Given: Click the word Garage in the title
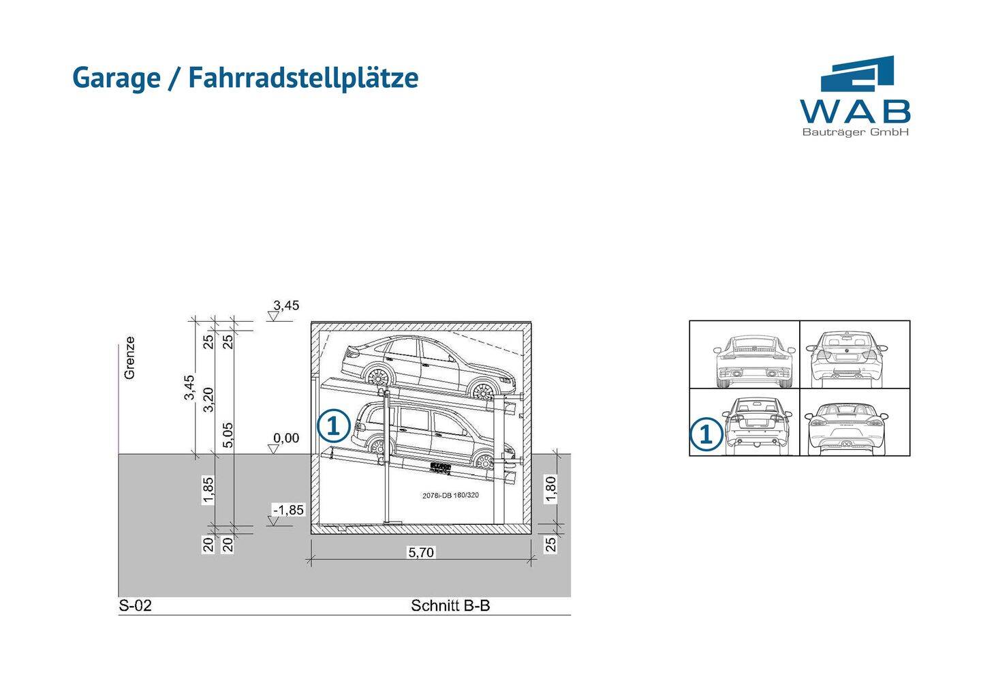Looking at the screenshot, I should click(x=116, y=78).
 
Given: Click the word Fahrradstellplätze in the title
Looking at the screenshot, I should click(x=303, y=78).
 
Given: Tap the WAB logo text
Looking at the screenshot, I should click(x=855, y=111).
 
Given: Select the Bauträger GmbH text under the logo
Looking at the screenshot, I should click(x=855, y=132).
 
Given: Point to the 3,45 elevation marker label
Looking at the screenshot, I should click(x=286, y=305).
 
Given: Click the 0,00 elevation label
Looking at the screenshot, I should click(x=286, y=438).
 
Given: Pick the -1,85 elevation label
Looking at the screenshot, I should click(x=288, y=510).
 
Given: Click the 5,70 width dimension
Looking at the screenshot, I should click(x=421, y=552).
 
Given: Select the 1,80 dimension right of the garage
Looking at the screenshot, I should click(x=551, y=489).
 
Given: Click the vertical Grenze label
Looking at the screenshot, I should click(x=129, y=357).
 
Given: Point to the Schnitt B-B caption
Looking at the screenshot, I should click(x=450, y=605).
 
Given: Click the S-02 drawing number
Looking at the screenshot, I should click(x=135, y=605).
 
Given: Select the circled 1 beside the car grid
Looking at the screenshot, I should click(x=706, y=434).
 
